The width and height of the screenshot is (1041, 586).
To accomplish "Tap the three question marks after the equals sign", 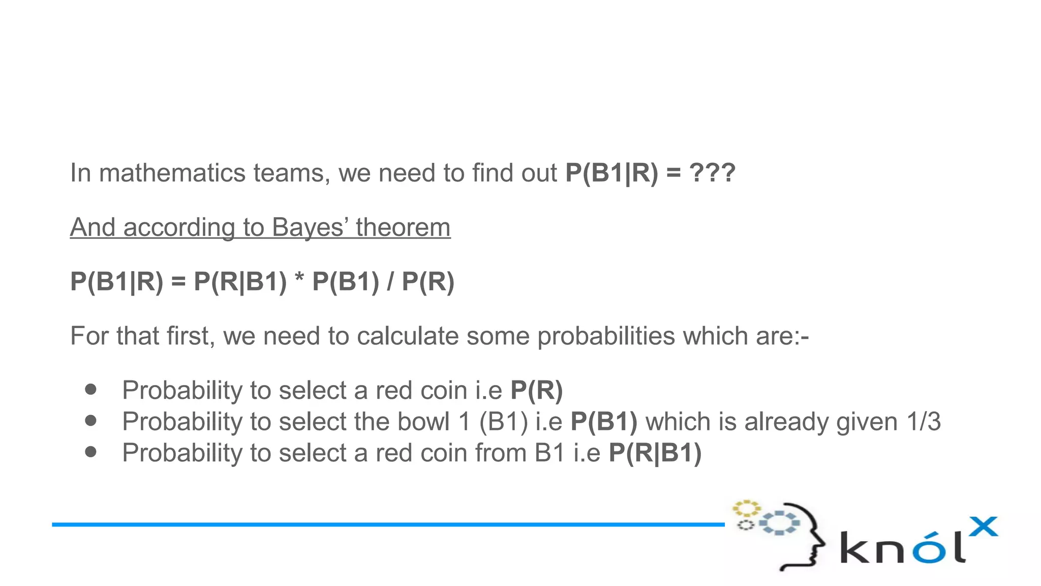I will [712, 173].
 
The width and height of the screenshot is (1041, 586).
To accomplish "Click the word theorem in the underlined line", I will [403, 227].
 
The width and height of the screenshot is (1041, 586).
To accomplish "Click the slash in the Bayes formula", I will [390, 281].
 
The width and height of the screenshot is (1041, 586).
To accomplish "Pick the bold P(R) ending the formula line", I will [428, 281].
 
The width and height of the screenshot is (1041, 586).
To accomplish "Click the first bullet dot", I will [91, 390].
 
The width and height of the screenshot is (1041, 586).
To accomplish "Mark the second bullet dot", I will [91, 421].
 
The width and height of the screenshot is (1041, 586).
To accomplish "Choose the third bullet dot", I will [91, 452].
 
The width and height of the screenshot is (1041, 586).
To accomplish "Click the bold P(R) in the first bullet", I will [536, 391].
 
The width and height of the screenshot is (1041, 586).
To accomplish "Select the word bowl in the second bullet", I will [424, 422].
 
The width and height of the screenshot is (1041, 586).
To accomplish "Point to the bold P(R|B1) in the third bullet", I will [655, 453].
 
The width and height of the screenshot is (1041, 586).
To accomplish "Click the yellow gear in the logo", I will [746, 509].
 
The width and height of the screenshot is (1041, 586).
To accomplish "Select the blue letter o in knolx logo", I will [926, 549].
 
